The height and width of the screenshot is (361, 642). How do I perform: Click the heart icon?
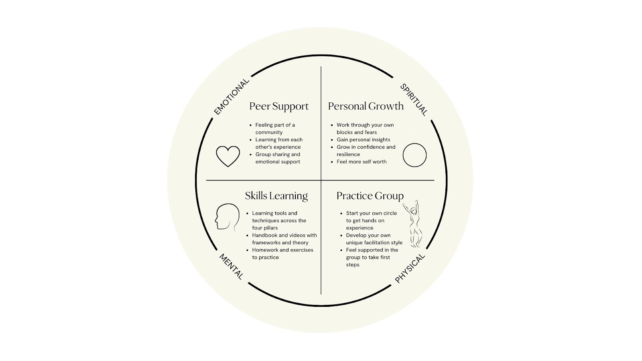click(x=228, y=156)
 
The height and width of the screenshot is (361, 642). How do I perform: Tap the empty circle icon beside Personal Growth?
click(x=414, y=155)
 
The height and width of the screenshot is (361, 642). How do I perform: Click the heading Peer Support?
click(x=279, y=106)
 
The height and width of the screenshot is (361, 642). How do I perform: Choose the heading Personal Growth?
click(x=366, y=106)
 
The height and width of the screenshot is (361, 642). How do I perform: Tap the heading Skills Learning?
click(x=276, y=196)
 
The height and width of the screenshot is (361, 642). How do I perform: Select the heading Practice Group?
click(x=370, y=196)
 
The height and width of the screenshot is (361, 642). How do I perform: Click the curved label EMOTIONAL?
click(x=232, y=97)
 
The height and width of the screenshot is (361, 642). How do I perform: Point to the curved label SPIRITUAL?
click(x=414, y=99)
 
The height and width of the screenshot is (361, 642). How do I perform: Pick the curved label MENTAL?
click(x=231, y=266)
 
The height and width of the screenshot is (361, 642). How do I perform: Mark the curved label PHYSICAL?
click(x=410, y=268)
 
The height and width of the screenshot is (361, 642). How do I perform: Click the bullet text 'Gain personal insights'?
click(x=363, y=140)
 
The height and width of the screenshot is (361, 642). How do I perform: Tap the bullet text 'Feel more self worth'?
click(x=362, y=162)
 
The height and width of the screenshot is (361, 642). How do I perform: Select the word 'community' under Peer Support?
click(x=269, y=132)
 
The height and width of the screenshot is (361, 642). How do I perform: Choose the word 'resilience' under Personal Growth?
click(x=348, y=154)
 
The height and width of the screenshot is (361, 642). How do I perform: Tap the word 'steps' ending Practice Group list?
click(x=353, y=265)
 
